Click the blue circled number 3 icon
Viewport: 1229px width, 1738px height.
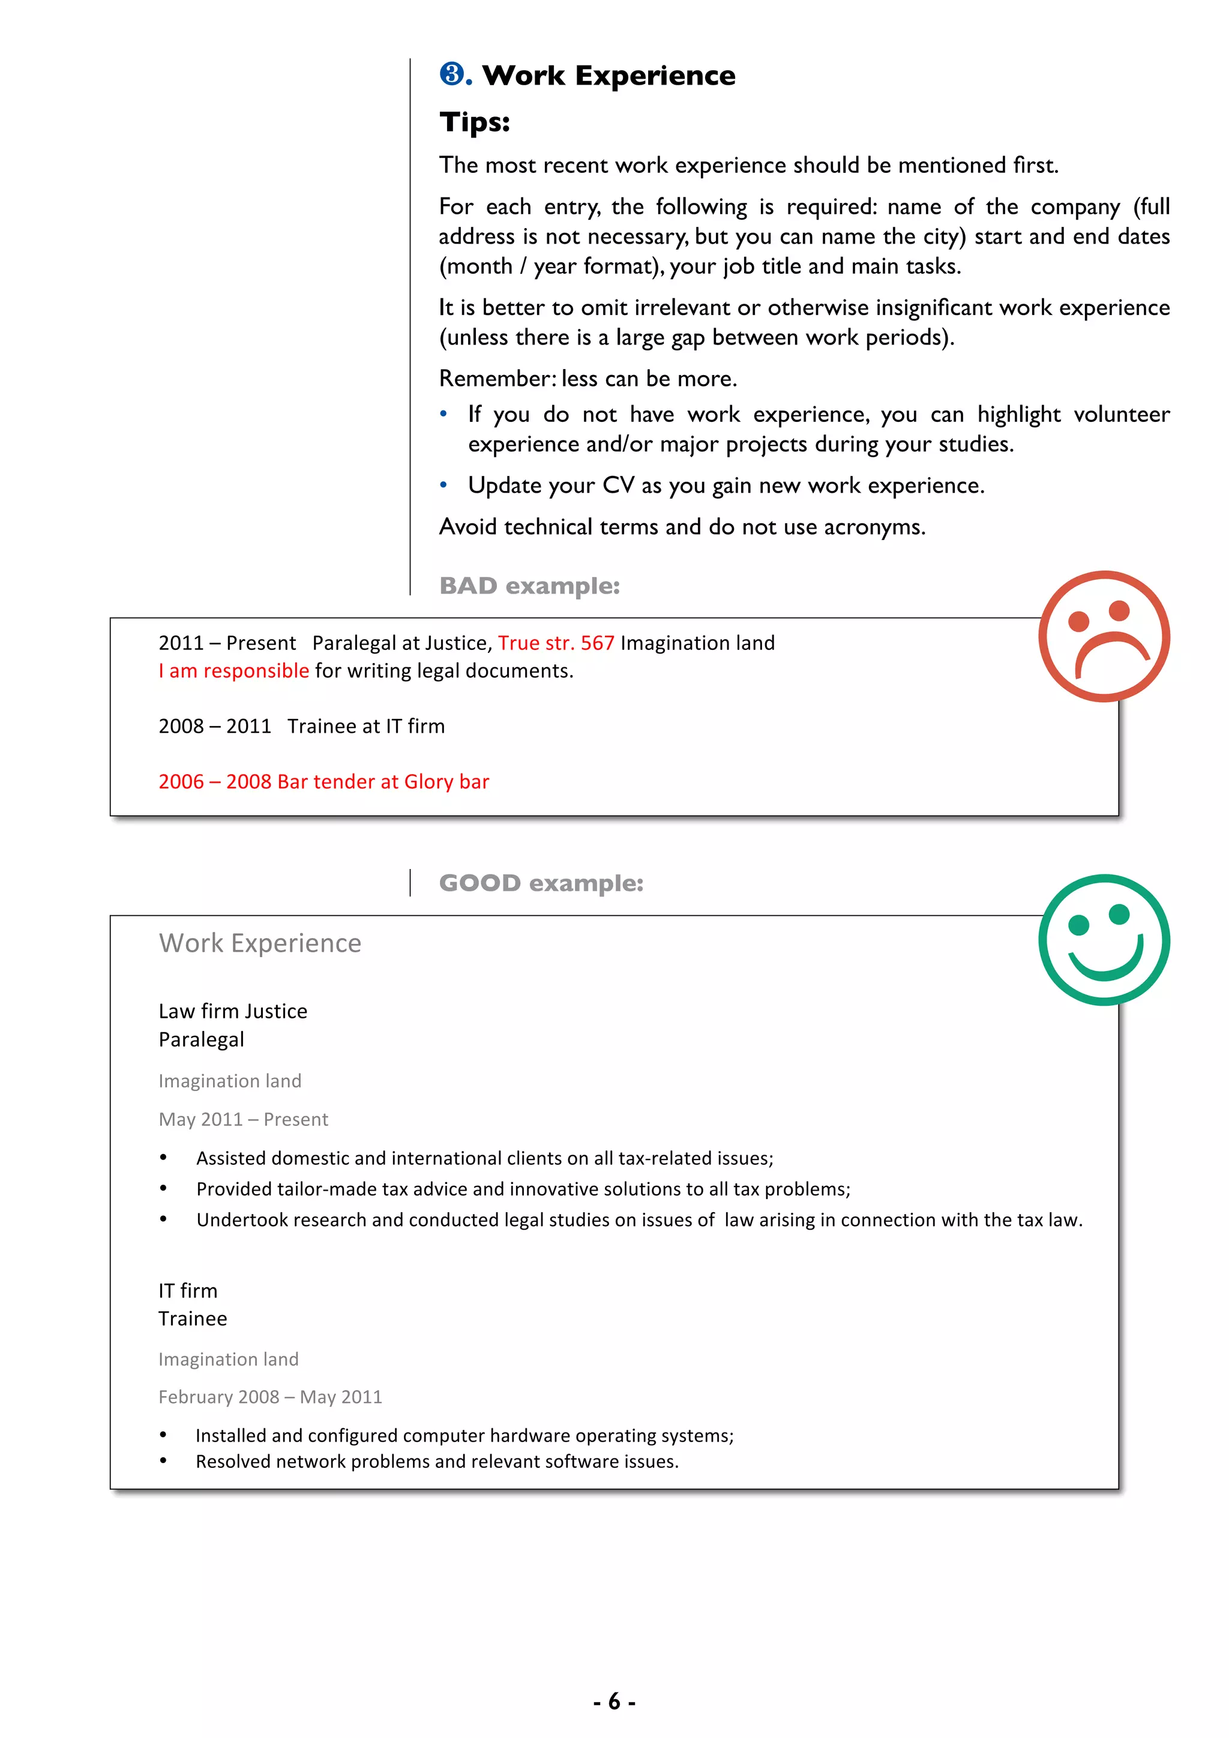pos(452,74)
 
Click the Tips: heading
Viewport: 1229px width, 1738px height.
pos(475,122)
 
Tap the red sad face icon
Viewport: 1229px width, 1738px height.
pos(1104,636)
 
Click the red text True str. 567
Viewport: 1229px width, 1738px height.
pos(556,643)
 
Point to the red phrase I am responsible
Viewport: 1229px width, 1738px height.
pos(233,671)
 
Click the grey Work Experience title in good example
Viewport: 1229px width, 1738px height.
pos(260,943)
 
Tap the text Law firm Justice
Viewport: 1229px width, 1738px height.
pos(232,1011)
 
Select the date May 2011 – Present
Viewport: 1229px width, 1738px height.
pos(243,1119)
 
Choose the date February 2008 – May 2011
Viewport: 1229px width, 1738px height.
pos(269,1397)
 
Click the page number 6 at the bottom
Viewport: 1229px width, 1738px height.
pos(614,1701)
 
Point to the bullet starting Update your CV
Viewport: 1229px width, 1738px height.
pos(725,486)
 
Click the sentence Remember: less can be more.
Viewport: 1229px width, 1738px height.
pos(587,379)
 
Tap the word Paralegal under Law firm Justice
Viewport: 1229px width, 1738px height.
pos(201,1039)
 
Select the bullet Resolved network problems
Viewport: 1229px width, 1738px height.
pos(437,1462)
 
